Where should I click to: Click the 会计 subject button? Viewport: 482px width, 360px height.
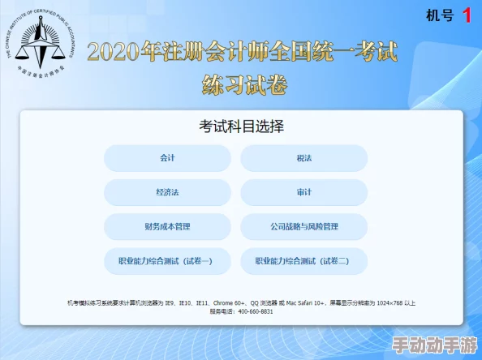[x=167, y=158]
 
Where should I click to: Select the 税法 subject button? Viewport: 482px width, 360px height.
[x=304, y=158]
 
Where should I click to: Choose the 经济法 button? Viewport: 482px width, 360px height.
[x=167, y=192]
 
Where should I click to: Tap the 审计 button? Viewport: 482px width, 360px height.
[x=304, y=192]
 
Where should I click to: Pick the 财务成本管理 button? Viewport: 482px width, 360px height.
[x=167, y=227]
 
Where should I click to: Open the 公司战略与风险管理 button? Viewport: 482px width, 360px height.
[x=304, y=227]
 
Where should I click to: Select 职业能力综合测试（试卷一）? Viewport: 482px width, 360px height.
[x=167, y=261]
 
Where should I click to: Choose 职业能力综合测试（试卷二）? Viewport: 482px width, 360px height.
[x=304, y=261]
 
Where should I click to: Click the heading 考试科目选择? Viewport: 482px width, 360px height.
[x=242, y=126]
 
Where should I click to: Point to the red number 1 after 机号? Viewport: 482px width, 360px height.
[x=467, y=15]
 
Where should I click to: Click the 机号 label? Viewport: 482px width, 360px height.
[x=439, y=15]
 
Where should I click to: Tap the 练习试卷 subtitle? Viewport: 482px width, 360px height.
[x=242, y=84]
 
